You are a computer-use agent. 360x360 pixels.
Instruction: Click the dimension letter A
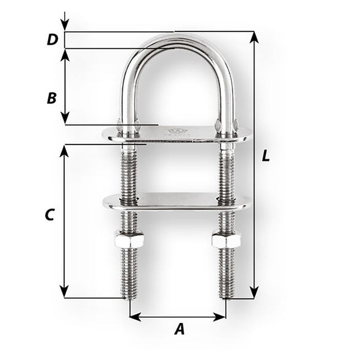(x=179, y=330)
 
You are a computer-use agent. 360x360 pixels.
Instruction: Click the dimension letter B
(x=51, y=98)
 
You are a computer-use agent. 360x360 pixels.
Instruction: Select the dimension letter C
(x=50, y=215)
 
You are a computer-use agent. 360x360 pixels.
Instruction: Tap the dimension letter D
(x=52, y=40)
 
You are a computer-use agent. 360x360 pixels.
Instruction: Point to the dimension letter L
(x=266, y=157)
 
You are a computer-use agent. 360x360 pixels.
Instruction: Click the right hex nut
(x=226, y=241)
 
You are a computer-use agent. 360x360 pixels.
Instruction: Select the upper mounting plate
(x=179, y=135)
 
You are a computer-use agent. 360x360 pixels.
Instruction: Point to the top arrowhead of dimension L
(x=255, y=37)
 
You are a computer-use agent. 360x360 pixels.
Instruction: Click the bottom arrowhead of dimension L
(x=255, y=292)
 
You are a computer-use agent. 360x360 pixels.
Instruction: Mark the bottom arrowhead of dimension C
(x=65, y=292)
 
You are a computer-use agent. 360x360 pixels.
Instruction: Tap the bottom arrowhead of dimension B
(x=65, y=119)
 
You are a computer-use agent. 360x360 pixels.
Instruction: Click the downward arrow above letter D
(x=65, y=25)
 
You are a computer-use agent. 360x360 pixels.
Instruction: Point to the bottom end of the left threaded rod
(x=129, y=296)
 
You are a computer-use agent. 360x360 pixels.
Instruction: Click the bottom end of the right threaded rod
(x=227, y=296)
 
